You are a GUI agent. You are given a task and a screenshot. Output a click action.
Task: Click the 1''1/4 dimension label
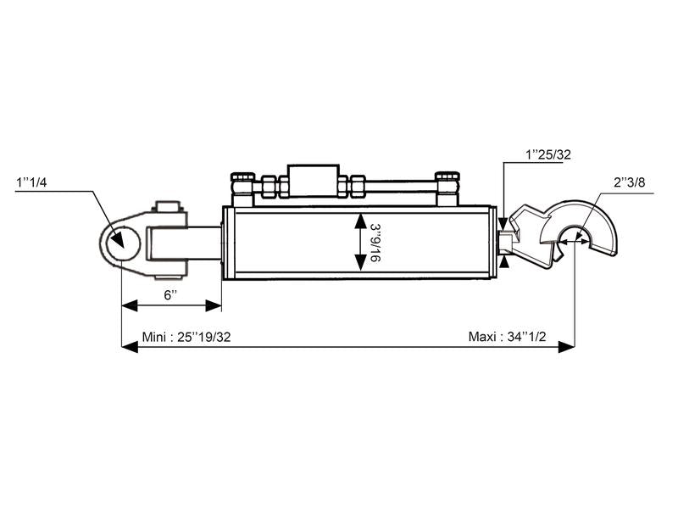coord(31,182)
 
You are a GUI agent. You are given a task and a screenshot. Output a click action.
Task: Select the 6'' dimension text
coord(170,294)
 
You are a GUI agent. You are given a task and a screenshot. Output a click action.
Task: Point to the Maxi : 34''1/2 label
coord(507,336)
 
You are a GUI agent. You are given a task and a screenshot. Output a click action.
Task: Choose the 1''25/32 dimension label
coord(547,154)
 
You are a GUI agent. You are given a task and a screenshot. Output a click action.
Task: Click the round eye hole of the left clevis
coord(119,242)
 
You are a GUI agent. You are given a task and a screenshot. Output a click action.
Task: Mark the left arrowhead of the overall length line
coord(128,346)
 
